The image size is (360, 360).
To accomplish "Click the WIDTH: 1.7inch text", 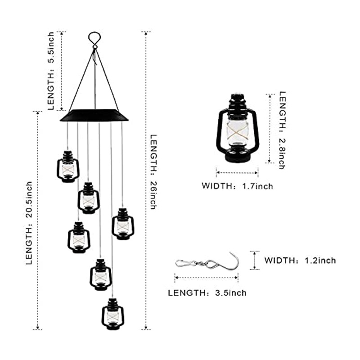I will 237,185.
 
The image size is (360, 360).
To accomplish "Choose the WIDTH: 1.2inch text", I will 300,260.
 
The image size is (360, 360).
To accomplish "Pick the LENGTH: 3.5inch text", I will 207,293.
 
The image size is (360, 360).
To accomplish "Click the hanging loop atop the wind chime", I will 94,39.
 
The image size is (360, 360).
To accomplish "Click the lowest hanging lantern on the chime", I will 112,314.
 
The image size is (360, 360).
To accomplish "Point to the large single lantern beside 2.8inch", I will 237,130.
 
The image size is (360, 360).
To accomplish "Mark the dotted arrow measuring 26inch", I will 146,180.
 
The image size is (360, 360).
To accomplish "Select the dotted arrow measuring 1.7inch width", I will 237,171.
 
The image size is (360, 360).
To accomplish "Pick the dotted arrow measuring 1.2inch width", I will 255,260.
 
